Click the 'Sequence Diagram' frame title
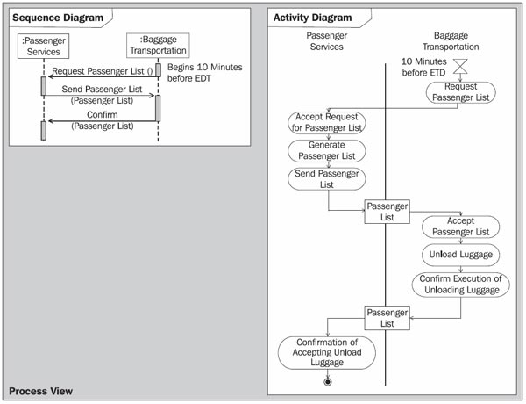pos(58,18)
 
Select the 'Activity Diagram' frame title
pos(313,18)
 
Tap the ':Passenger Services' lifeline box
pos(43,46)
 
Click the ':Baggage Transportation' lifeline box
pos(158,45)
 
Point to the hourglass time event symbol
pos(460,66)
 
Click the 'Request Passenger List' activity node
pos(460,92)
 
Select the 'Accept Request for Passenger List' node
pos(327,122)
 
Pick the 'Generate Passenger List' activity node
pos(327,150)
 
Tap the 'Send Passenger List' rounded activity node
pos(327,179)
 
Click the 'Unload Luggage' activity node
pos(460,255)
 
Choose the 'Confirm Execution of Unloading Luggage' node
pos(460,285)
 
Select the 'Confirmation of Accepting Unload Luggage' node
pos(327,352)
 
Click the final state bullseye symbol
pos(328,382)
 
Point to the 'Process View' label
pos(40,391)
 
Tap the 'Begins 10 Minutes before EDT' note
pos(204,73)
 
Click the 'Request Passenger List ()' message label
pos(103,71)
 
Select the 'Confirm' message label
pos(103,114)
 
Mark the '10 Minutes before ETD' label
pos(424,67)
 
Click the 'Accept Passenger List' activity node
pos(460,227)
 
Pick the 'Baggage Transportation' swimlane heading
pos(451,41)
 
